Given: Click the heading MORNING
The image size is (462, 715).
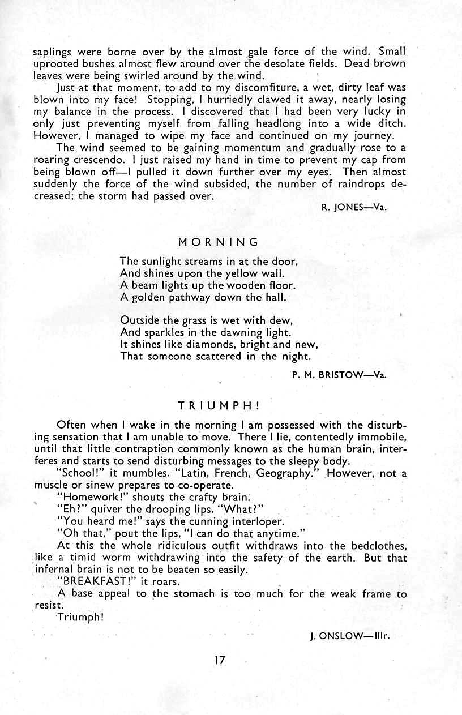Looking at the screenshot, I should (x=218, y=242).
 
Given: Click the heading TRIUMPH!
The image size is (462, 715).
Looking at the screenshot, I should (x=218, y=406).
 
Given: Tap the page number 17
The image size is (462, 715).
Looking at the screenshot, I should (x=220, y=660).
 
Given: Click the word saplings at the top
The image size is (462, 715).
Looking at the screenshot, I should (x=53, y=50).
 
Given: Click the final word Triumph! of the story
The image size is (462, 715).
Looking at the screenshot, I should (x=80, y=617).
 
